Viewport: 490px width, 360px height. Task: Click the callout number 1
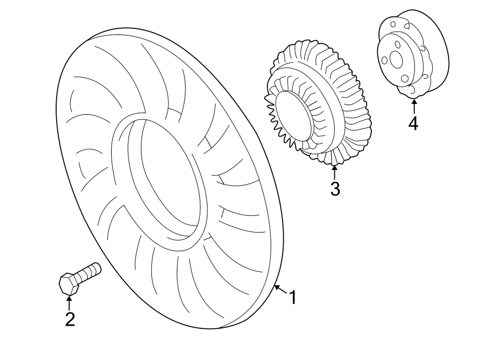(x=292, y=297)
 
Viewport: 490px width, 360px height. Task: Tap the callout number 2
(x=70, y=319)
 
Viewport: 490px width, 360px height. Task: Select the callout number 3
(x=335, y=189)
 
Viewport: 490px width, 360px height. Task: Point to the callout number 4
(x=413, y=124)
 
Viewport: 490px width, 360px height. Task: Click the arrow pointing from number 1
(x=280, y=288)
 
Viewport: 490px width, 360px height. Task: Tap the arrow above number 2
(x=69, y=301)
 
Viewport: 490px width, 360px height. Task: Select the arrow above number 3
(x=334, y=171)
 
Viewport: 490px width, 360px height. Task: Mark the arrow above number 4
(x=413, y=106)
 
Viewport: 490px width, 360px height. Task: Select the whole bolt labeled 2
(x=79, y=278)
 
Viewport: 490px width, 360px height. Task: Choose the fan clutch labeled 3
(x=318, y=103)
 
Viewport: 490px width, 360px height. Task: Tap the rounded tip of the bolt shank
(x=99, y=267)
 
